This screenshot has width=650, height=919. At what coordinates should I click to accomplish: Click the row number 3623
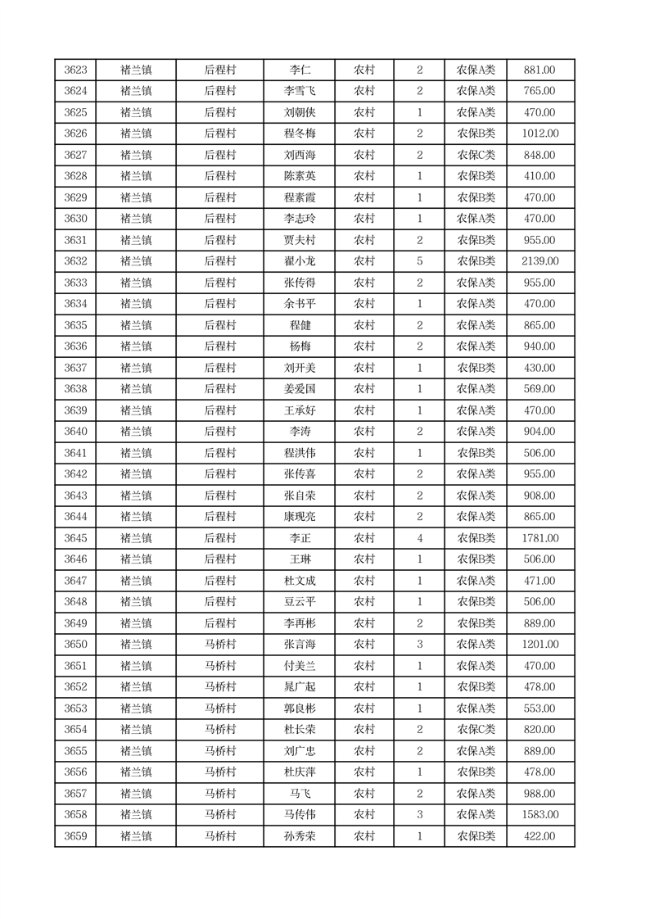coord(75,70)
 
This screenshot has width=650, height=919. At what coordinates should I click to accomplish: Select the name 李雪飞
coord(298,92)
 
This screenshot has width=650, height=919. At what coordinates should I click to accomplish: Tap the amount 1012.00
coord(539,134)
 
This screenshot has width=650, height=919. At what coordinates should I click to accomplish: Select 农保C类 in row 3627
coord(476,156)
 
